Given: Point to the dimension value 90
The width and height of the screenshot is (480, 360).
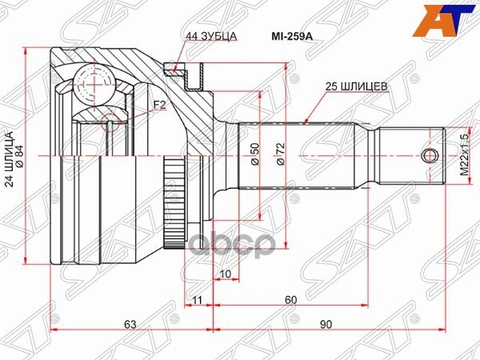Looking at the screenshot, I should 327,323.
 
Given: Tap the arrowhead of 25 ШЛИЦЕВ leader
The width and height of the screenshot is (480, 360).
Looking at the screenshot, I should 307,123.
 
